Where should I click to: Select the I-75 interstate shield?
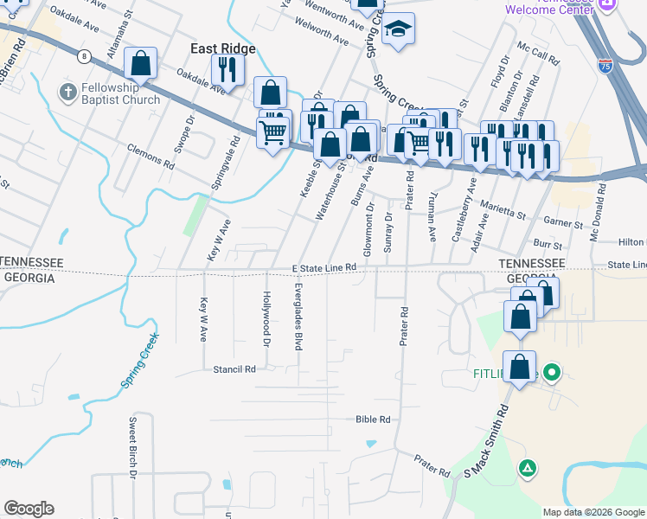click(605, 65)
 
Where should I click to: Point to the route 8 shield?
click(84, 57)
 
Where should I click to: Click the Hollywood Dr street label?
click(266, 315)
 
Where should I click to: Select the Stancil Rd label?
click(235, 368)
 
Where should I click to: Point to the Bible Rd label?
click(373, 420)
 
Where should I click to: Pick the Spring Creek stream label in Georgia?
click(138, 359)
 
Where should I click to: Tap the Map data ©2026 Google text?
click(593, 512)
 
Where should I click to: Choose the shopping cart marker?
click(273, 131)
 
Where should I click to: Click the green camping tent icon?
click(526, 468)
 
